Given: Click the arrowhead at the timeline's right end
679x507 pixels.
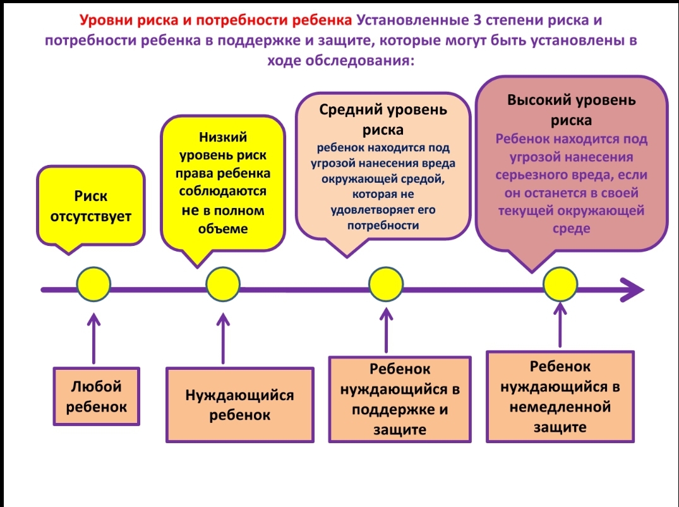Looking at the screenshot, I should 633,290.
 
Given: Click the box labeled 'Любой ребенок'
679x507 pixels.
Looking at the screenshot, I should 96,396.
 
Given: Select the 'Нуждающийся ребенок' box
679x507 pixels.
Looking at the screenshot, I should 239,405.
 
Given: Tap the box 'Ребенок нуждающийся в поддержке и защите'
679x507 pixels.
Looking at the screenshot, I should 400,399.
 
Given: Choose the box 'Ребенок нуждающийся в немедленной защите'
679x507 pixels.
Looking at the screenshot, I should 560,396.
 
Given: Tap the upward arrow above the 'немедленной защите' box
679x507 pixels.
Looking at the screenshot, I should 560,326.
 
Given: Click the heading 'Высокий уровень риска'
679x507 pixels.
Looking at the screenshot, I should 572,109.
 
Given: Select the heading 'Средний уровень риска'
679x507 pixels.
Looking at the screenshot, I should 383,119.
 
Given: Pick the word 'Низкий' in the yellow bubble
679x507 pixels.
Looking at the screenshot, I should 223,137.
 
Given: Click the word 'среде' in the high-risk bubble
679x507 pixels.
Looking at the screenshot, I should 571,228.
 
